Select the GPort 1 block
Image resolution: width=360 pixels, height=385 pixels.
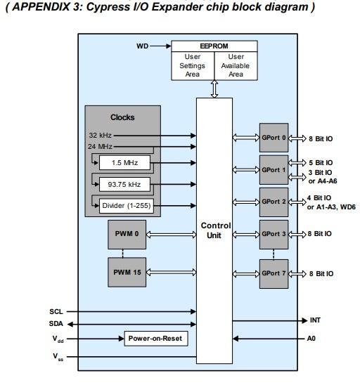point(274,170)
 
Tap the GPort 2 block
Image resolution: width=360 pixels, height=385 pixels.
point(274,202)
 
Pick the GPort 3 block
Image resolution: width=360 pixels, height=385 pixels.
point(274,233)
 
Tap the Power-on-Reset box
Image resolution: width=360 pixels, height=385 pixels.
point(154,339)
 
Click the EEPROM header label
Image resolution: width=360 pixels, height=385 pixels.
point(214,46)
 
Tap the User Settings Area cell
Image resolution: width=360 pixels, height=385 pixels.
point(193,65)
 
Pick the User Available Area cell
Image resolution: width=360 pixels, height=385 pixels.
point(236,65)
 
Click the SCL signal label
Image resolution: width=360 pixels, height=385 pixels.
point(57,311)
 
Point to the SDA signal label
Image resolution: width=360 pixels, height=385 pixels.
point(57,324)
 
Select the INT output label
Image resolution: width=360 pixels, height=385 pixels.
point(316,320)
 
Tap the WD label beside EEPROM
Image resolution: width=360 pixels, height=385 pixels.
point(142,46)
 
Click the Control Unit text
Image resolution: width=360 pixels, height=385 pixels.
point(214,230)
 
